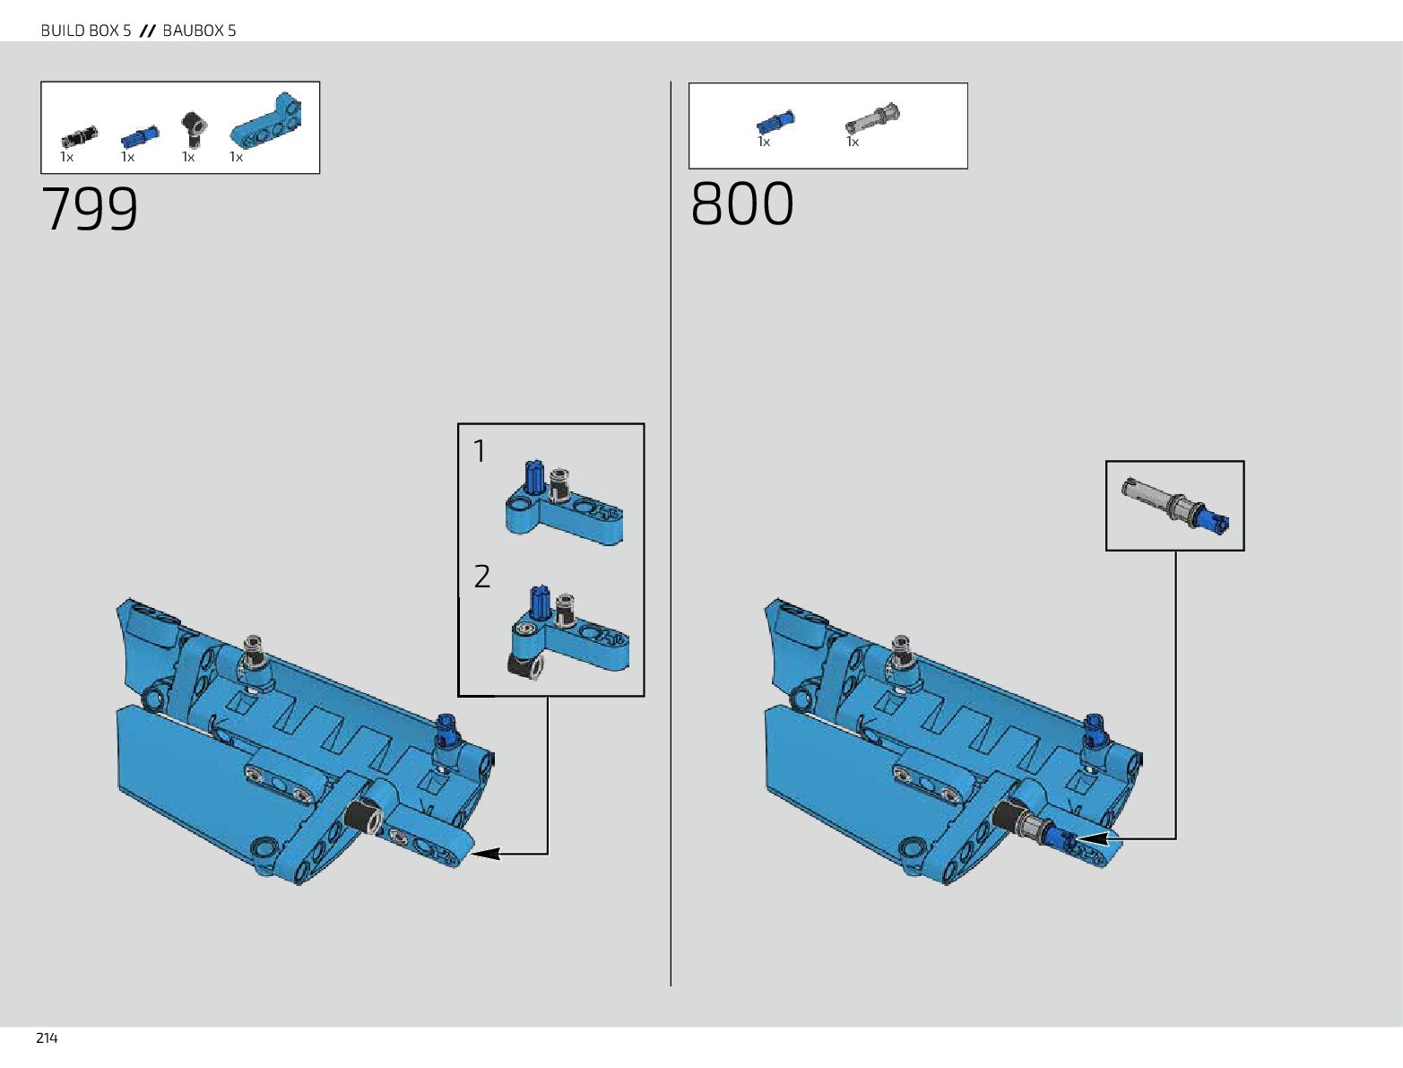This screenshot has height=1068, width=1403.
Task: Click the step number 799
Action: (90, 209)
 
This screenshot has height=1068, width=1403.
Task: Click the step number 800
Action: (742, 204)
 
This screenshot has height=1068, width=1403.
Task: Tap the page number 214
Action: (47, 1038)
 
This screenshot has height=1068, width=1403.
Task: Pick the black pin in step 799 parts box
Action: (79, 137)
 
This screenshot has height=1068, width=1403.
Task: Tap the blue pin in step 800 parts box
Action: (775, 121)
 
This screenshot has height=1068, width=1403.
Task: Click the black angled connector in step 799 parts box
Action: (192, 128)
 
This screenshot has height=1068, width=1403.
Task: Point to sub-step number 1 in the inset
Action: (480, 451)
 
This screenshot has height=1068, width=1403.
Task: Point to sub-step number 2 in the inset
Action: (482, 577)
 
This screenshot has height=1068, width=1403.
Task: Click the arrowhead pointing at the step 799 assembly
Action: (484, 854)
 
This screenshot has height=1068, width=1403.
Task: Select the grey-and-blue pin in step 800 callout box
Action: (1175, 506)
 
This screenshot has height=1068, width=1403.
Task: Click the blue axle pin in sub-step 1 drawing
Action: (533, 477)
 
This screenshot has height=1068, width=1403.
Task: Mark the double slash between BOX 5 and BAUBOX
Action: (148, 30)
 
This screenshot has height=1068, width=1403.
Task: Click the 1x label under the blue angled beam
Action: (236, 157)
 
